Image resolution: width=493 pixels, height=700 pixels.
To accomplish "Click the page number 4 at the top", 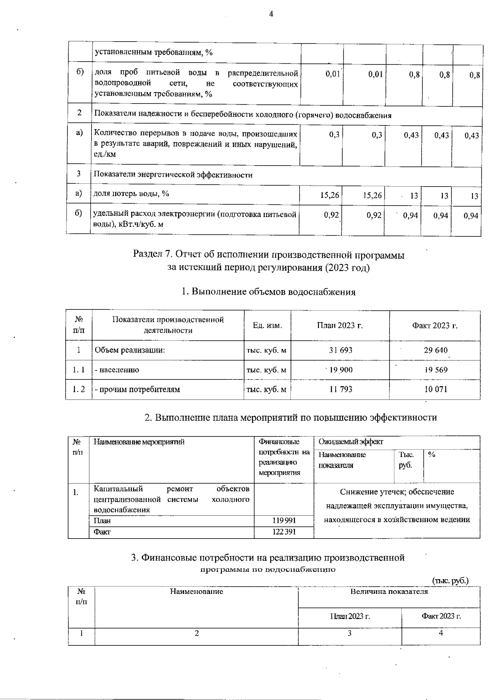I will [x=271, y=14].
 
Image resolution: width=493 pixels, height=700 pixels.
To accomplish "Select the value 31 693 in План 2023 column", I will [x=340, y=350].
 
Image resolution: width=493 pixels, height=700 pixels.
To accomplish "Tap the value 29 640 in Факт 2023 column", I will [x=435, y=350].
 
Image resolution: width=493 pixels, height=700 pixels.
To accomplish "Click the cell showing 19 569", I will [x=435, y=370].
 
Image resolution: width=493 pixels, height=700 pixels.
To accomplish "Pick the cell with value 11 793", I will [x=340, y=389].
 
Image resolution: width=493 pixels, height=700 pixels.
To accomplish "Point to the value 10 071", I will [x=435, y=389].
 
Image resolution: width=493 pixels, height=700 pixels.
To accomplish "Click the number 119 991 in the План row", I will [x=284, y=520].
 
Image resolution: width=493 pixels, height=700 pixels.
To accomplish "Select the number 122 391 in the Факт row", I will [x=284, y=532].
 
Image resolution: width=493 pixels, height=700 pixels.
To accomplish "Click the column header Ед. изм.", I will [x=267, y=326].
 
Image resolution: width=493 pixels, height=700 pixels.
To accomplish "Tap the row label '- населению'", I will [x=117, y=370].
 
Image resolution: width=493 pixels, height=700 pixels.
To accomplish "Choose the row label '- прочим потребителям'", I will [x=137, y=389].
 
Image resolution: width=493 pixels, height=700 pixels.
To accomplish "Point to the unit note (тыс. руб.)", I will [x=450, y=581].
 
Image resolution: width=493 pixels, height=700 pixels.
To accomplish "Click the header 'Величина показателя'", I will [x=389, y=591].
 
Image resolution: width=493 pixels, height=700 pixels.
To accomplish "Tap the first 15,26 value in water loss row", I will [x=329, y=195].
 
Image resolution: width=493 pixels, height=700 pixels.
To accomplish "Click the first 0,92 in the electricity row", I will [x=331, y=215].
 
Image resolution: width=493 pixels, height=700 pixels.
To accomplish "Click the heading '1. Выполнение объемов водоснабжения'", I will [x=269, y=292].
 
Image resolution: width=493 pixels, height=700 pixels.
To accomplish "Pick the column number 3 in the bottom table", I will [x=349, y=633].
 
